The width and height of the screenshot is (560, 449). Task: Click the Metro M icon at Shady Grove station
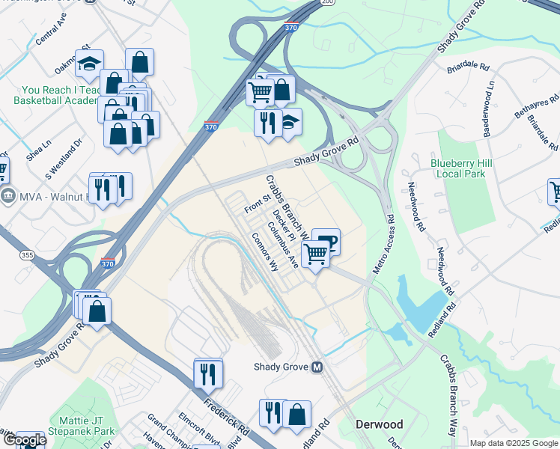click(x=317, y=367)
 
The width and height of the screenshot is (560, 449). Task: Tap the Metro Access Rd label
click(x=382, y=245)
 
